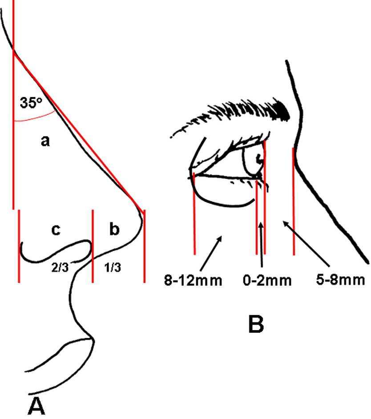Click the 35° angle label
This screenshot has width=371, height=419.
(x=31, y=103)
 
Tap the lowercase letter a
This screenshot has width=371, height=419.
(x=45, y=141)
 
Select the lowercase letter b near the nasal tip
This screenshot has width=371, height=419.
(x=114, y=229)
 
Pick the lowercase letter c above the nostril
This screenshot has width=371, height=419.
(x=56, y=230)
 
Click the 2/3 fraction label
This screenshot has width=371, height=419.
(x=60, y=267)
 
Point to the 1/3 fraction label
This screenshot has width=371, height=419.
(x=113, y=267)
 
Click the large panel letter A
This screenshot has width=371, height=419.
(x=36, y=406)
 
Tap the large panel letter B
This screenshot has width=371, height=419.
(x=256, y=324)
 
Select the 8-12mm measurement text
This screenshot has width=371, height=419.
(x=193, y=281)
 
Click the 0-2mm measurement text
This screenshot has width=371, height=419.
(x=267, y=281)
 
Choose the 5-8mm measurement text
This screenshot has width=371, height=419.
(x=341, y=280)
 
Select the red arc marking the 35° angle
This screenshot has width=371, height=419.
(x=35, y=117)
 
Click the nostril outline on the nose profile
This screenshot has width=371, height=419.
(x=56, y=251)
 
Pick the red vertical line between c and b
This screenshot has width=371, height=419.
(x=93, y=246)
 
